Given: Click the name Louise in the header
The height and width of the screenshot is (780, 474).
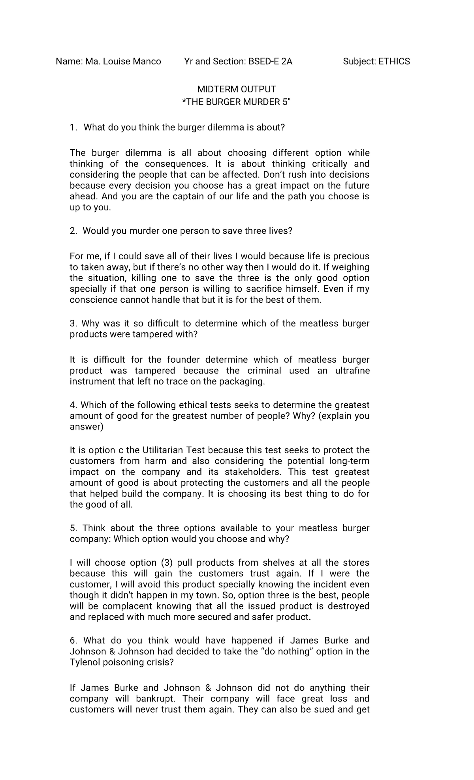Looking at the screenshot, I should click(x=116, y=61).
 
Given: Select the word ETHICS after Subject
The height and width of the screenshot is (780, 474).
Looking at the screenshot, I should click(x=394, y=61).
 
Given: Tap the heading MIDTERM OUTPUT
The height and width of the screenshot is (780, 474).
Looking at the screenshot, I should click(x=237, y=89).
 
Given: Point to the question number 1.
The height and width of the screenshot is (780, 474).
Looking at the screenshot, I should click(x=72, y=127).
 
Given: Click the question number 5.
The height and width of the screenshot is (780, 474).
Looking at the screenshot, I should click(x=73, y=528).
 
